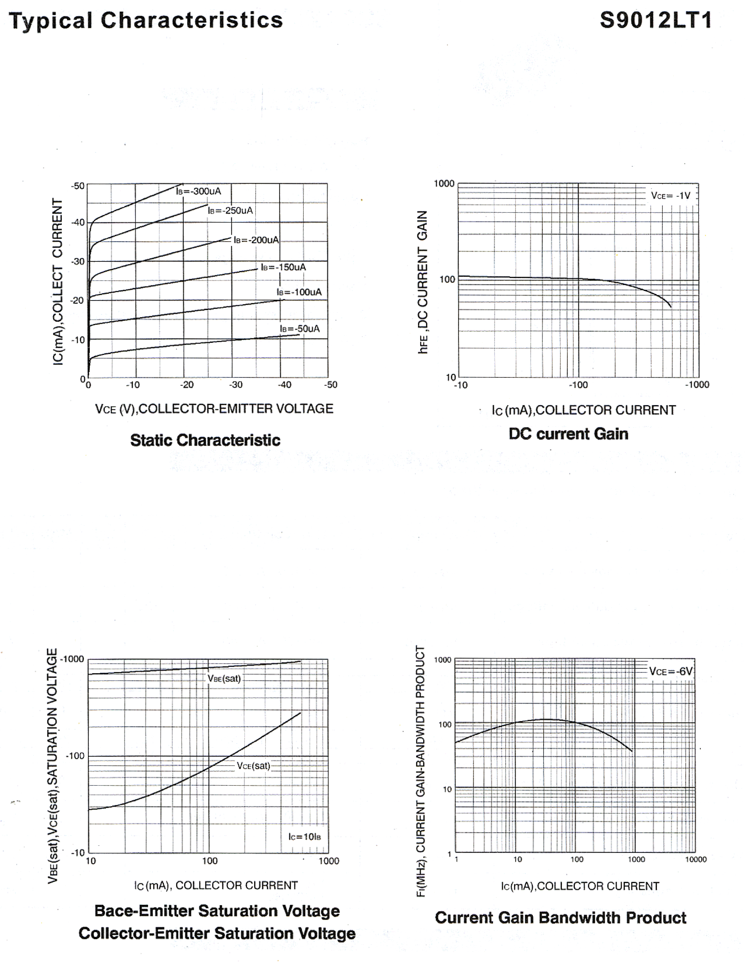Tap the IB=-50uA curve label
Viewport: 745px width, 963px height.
(300, 329)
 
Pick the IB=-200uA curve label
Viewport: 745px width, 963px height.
(256, 240)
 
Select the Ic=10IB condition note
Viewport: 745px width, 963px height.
(304, 836)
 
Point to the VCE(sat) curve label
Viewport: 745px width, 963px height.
(253, 765)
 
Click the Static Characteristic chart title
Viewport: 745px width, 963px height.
(205, 440)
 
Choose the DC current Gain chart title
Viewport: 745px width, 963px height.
(568, 434)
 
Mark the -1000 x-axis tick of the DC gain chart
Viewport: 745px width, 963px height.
(696, 384)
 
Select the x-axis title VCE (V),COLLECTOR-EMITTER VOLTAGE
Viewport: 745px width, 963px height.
(214, 409)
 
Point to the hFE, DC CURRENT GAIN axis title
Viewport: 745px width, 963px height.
(423, 282)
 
